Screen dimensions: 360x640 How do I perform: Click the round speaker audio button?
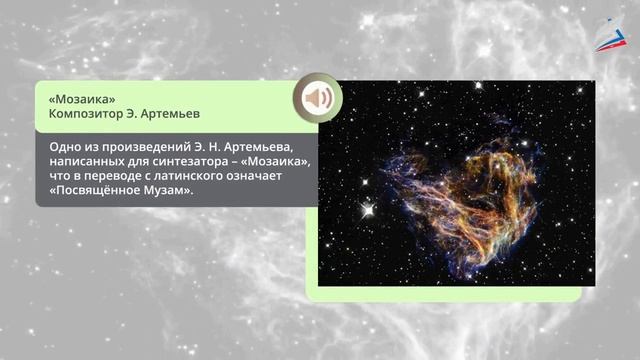point(318,99)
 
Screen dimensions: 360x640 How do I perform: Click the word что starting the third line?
point(59,175)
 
